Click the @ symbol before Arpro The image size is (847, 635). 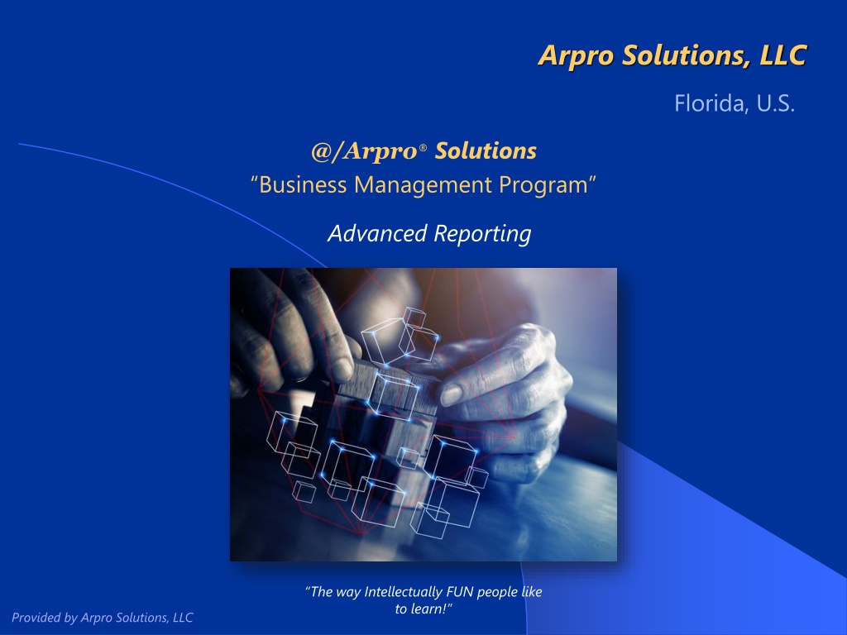(322, 151)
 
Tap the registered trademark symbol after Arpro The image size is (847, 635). (423, 147)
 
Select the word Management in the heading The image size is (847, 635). (423, 185)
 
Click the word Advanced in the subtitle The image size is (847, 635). (377, 233)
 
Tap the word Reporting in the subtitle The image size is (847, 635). (482, 234)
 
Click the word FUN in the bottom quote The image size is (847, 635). (459, 592)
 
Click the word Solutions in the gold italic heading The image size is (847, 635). (486, 150)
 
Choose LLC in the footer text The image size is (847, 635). (183, 617)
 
